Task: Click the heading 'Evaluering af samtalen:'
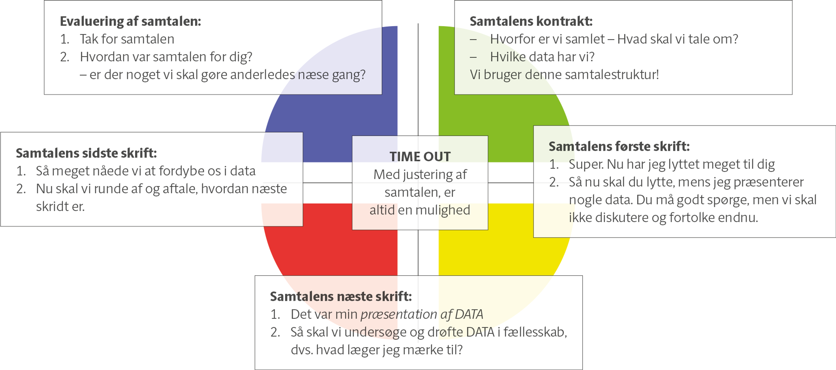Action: (x=130, y=21)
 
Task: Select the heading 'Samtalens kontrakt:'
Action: (x=531, y=21)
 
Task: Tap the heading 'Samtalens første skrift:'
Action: (x=619, y=147)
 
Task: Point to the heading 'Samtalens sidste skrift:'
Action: (x=86, y=153)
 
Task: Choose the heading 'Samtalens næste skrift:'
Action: (x=341, y=297)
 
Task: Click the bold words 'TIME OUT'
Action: (x=420, y=157)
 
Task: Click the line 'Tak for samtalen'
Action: (x=127, y=39)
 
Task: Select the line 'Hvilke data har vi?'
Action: (x=542, y=57)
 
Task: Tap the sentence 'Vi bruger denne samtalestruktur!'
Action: (x=564, y=75)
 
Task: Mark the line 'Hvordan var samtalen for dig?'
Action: (x=166, y=57)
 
